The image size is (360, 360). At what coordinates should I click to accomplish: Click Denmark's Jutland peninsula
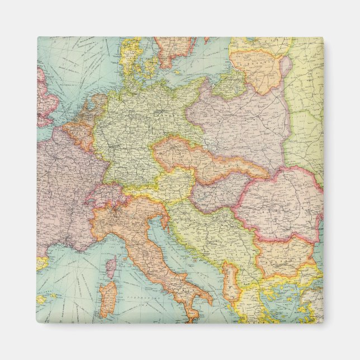point(130,56)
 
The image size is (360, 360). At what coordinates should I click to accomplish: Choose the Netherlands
point(89,112)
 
